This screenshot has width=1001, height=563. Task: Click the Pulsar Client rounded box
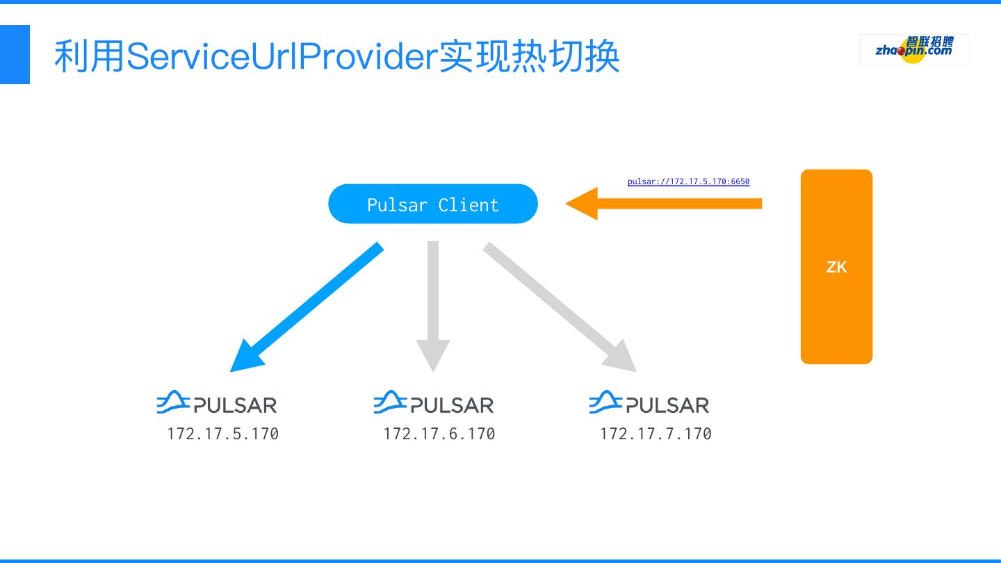(x=432, y=204)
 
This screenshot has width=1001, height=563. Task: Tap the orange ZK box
(x=836, y=267)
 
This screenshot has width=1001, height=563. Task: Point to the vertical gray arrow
(x=433, y=299)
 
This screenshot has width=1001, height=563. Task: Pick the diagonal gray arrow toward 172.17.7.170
(x=556, y=303)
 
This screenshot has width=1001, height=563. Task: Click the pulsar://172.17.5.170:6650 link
(x=688, y=181)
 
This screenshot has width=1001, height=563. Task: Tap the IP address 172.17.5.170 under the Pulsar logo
(x=222, y=434)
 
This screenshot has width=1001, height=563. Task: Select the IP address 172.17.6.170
(x=439, y=434)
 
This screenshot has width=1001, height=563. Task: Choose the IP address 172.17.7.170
(x=656, y=434)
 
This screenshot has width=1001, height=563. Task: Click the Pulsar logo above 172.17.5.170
(x=217, y=403)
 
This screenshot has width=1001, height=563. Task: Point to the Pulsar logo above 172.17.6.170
(x=434, y=403)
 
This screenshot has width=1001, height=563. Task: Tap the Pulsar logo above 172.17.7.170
(x=649, y=403)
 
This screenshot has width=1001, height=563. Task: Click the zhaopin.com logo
(x=913, y=49)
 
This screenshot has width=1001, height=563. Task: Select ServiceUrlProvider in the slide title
(x=281, y=56)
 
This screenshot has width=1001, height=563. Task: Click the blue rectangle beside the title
(x=15, y=54)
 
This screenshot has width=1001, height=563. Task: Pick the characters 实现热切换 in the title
(x=528, y=56)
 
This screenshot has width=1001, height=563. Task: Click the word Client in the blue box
(x=469, y=205)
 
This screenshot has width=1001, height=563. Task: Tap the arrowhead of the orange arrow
(x=584, y=204)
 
